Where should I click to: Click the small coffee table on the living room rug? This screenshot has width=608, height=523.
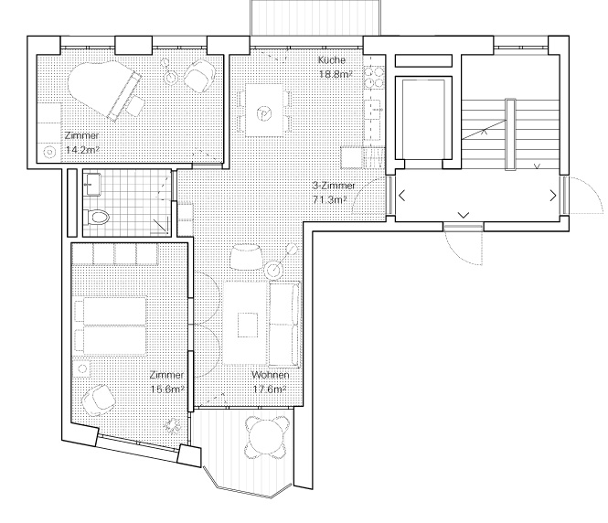248,325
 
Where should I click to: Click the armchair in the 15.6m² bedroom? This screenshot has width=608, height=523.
98,400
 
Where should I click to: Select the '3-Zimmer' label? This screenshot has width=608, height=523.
329,186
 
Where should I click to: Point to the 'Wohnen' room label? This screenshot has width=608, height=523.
272,376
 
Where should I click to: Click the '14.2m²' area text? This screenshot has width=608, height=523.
82,148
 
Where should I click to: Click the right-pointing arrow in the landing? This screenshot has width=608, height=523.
551,195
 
